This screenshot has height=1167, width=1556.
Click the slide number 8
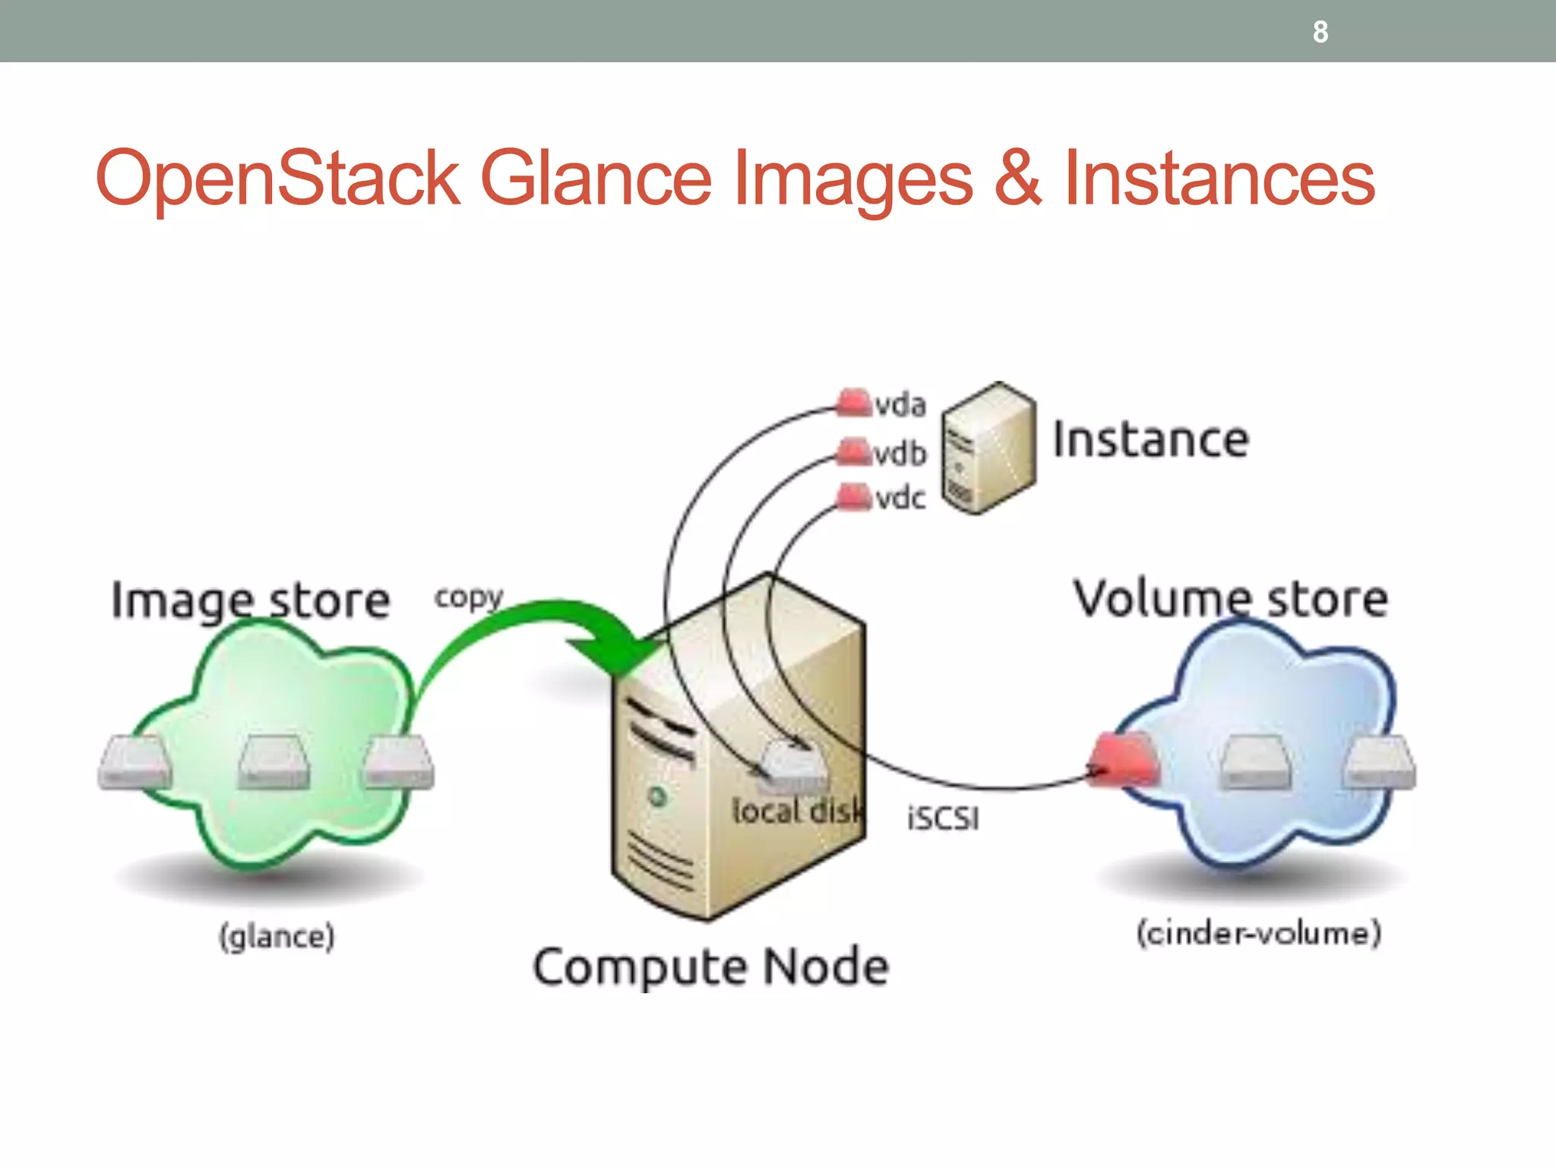(x=1320, y=32)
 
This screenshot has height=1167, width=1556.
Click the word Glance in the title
(x=596, y=179)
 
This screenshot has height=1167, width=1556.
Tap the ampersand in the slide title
(x=1017, y=178)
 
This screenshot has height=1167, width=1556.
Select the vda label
(x=900, y=405)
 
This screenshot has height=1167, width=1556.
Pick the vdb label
(x=900, y=454)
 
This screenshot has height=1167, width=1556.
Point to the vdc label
(x=900, y=498)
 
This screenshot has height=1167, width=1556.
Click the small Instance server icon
(x=988, y=448)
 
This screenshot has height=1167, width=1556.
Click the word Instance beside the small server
(x=1150, y=440)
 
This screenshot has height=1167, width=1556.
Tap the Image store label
(x=251, y=600)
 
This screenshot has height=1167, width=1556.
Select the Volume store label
(x=1231, y=599)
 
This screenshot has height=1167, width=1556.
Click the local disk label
(x=798, y=811)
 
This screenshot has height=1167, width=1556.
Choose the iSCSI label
(x=943, y=819)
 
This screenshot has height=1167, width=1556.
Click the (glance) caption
(x=277, y=936)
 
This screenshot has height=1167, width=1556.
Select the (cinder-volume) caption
(x=1258, y=933)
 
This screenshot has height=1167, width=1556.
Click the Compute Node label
(x=711, y=967)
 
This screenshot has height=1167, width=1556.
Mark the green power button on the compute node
(x=658, y=797)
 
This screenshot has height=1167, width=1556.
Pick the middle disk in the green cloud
(x=274, y=762)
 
